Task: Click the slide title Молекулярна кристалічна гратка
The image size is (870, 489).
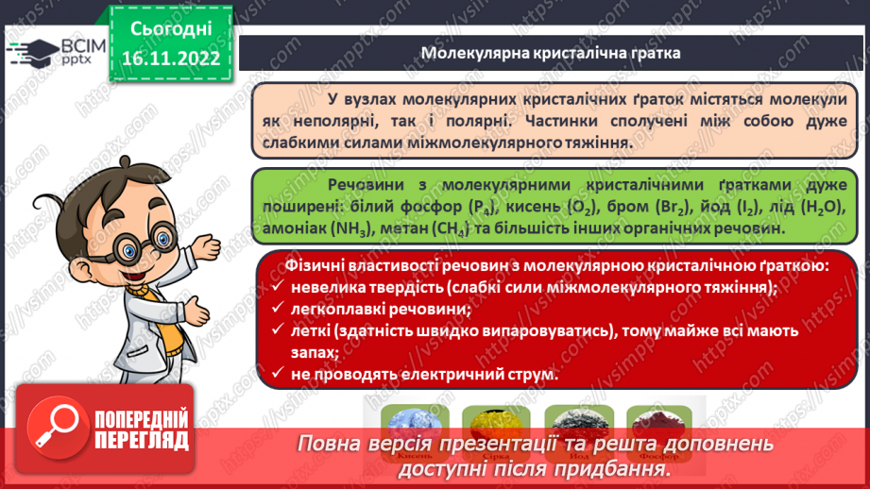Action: (550, 52)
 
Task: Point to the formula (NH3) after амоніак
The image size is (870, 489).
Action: (350, 228)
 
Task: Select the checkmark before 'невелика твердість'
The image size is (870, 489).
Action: (276, 288)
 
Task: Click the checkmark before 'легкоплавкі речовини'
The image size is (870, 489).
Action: (276, 309)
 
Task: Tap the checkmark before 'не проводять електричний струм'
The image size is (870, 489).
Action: (276, 374)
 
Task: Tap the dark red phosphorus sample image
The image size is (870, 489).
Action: (657, 422)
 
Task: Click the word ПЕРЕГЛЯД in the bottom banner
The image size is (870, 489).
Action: (142, 440)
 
